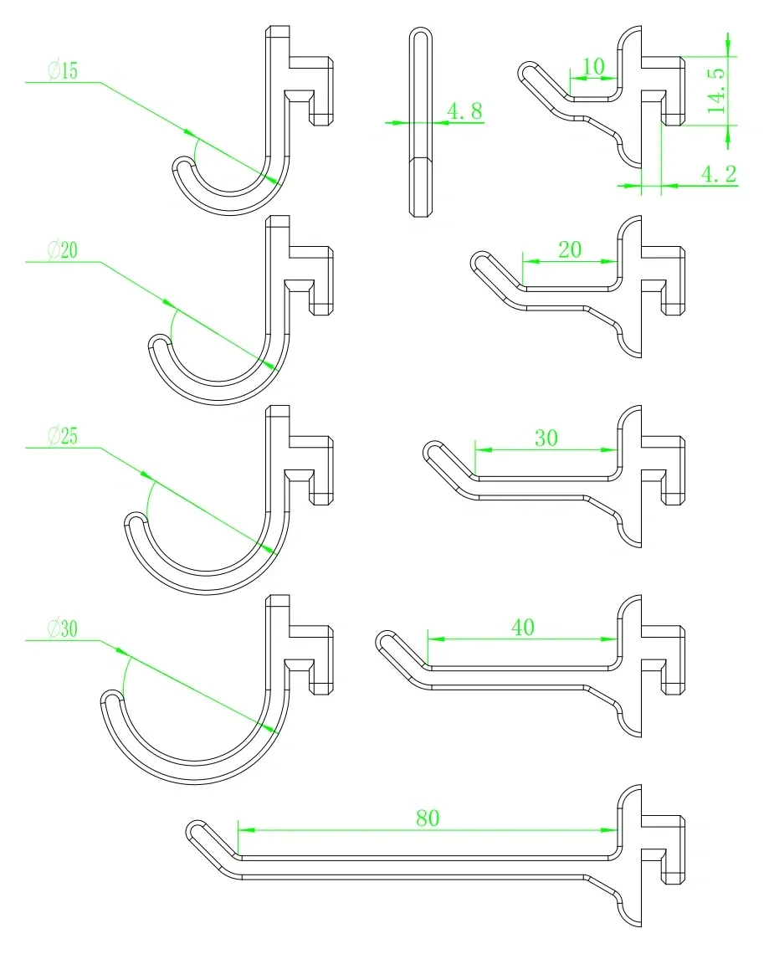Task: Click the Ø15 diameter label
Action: [64, 70]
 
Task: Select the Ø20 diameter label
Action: [64, 250]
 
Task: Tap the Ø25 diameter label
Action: [64, 436]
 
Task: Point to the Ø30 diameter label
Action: [64, 628]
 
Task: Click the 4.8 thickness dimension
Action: [465, 110]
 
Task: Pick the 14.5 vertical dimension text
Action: [717, 90]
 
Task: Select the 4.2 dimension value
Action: [720, 174]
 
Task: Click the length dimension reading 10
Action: [594, 66]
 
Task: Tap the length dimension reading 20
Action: [570, 249]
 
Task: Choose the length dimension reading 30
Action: [546, 438]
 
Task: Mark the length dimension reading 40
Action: [523, 627]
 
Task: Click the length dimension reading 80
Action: [428, 818]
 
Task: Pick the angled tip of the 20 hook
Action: [480, 260]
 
